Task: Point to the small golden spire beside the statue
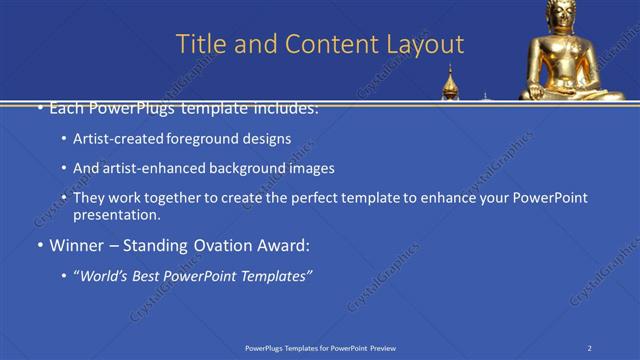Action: (x=451, y=82)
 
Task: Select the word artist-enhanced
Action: (x=152, y=168)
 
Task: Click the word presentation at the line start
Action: (x=116, y=214)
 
